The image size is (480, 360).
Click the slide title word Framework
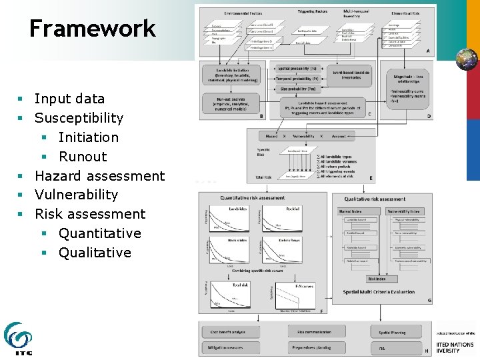point(92,29)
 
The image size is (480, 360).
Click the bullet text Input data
point(69,99)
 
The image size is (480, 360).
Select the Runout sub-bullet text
point(83,157)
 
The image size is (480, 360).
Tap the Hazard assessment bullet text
point(99,176)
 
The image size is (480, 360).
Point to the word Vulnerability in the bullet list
point(76,195)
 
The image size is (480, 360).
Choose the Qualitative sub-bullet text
point(95,253)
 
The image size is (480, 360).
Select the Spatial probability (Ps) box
point(297,69)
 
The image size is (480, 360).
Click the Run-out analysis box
point(229,103)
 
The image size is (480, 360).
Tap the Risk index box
point(377,279)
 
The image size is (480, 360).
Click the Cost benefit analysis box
point(230,331)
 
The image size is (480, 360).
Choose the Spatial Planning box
point(393,331)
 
